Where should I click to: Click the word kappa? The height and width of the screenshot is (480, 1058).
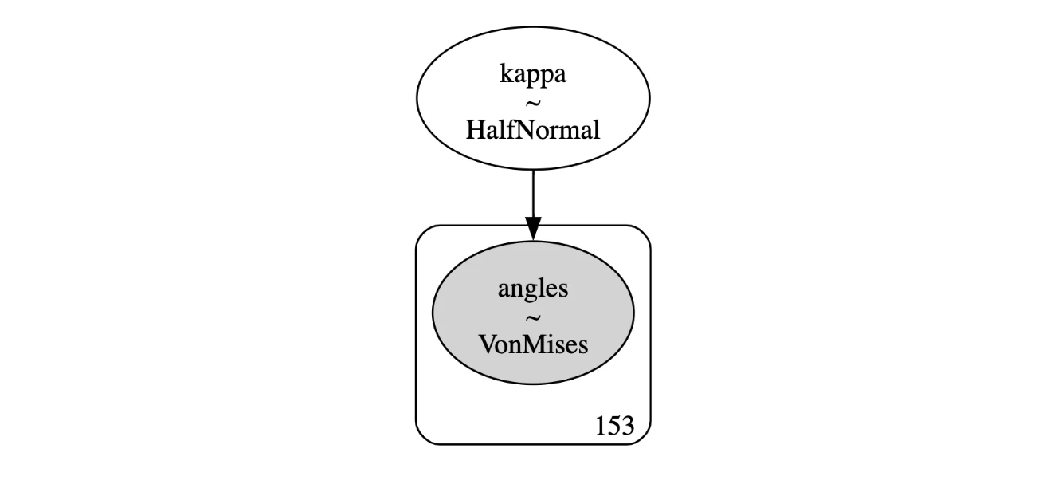point(533,75)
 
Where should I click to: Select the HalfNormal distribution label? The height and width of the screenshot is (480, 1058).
point(533,130)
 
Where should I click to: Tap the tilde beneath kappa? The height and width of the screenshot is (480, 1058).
point(533,103)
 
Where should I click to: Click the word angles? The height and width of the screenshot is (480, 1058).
point(533,289)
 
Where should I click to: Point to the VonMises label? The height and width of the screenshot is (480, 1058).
point(533,344)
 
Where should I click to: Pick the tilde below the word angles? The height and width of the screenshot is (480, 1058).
point(533,317)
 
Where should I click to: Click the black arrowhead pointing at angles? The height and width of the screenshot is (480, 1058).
point(533,228)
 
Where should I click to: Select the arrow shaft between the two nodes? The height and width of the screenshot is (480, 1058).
point(533,194)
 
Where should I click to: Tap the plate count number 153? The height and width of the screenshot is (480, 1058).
point(614,426)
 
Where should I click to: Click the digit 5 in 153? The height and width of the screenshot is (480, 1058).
point(614,426)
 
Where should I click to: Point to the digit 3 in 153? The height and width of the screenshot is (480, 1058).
point(628,426)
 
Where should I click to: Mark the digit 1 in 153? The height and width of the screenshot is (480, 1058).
point(601,426)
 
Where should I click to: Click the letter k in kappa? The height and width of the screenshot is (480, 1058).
point(506,73)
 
